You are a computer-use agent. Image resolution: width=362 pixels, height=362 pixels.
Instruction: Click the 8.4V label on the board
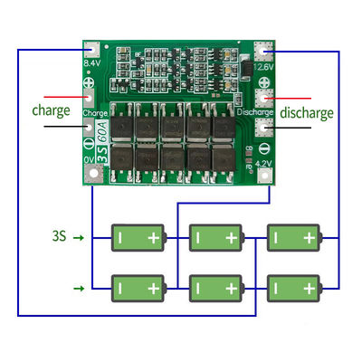point(91,65)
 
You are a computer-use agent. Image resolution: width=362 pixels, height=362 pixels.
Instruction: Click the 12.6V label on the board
point(263,65)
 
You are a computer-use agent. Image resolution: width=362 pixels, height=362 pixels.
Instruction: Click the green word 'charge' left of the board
point(51,112)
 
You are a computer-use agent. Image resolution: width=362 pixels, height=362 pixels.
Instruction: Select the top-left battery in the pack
point(137,238)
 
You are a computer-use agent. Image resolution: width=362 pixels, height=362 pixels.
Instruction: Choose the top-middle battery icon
point(214,238)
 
